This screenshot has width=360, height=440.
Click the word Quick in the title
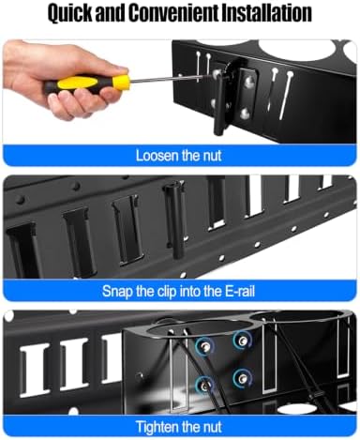(70, 13)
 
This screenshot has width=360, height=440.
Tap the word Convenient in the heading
(173, 12)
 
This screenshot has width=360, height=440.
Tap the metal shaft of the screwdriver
(172, 78)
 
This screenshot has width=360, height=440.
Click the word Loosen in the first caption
(157, 156)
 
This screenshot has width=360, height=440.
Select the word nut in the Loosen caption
(213, 156)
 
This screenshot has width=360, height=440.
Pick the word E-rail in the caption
(240, 291)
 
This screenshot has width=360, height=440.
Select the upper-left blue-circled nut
(204, 345)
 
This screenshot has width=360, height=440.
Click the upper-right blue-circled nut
(242, 341)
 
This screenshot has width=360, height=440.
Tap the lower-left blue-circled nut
(203, 386)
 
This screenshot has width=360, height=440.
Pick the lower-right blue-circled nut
(242, 379)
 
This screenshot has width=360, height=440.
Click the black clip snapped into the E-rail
(174, 220)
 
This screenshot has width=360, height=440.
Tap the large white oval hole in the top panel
(296, 51)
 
